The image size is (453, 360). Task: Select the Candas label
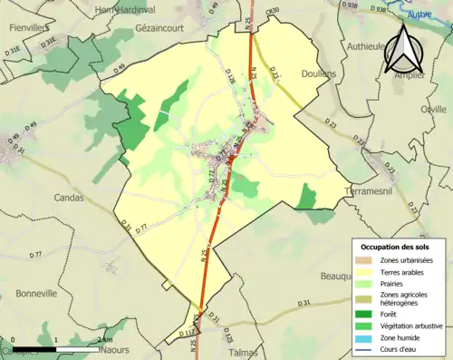[x=69, y=197]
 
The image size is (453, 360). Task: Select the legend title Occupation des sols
[x=395, y=247]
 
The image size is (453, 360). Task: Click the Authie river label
[x=419, y=15]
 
